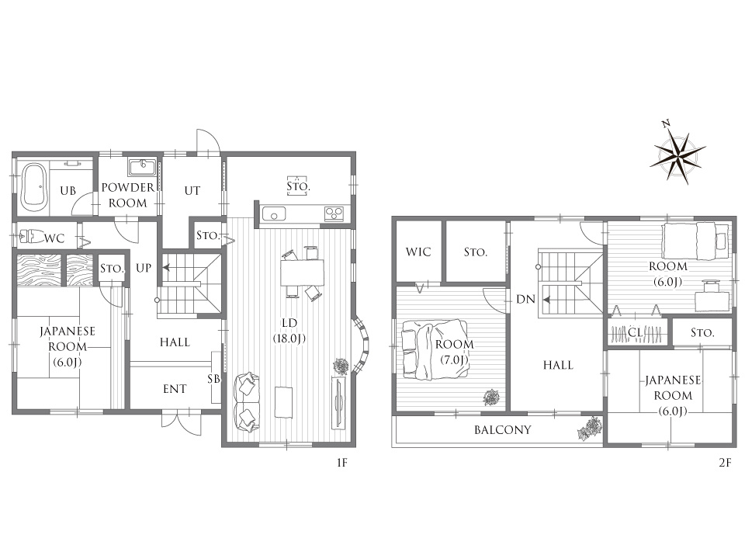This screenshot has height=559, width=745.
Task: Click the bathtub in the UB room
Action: click(x=33, y=188)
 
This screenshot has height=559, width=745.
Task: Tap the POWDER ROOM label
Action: click(x=128, y=195)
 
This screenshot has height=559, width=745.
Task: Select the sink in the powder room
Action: click(x=141, y=168)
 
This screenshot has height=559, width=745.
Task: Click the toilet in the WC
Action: click(x=31, y=236)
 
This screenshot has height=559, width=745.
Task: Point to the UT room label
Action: click(x=192, y=191)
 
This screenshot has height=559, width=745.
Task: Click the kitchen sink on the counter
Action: click(x=274, y=214)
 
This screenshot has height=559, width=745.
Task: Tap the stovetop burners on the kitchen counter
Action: click(x=334, y=214)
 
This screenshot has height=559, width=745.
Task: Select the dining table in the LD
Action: click(x=302, y=273)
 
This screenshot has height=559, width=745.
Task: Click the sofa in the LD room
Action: click(x=247, y=402)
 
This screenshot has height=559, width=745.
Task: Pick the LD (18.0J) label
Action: click(x=289, y=331)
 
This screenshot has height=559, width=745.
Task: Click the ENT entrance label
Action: click(x=175, y=389)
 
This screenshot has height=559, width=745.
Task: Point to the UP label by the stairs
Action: click(x=144, y=268)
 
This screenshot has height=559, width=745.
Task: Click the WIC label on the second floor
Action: click(x=418, y=252)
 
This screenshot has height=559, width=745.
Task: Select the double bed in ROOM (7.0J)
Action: click(x=435, y=349)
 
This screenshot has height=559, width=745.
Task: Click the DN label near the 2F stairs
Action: click(x=525, y=299)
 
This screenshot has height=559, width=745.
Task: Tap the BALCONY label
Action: click(x=503, y=429)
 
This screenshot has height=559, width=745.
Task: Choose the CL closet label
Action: click(x=636, y=332)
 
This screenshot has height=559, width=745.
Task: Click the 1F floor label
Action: click(x=342, y=462)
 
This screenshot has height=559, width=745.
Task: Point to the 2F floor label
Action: click(x=725, y=462)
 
